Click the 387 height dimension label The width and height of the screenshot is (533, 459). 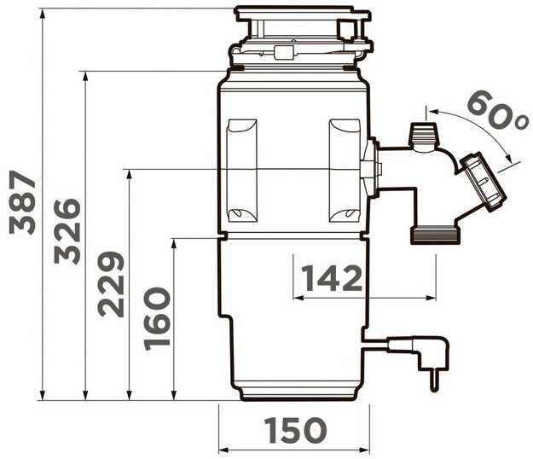point(22,203)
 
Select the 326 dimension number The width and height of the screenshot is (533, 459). point(67,231)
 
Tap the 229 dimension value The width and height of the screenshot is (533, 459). point(111,284)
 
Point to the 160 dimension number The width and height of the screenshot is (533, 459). point(157,319)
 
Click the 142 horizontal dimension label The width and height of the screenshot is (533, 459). point(332,278)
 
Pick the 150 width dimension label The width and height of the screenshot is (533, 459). point(295,430)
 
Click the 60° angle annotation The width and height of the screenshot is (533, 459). point(498,111)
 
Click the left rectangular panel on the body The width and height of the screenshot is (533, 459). point(242,171)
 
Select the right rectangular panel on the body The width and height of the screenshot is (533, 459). point(345,171)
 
